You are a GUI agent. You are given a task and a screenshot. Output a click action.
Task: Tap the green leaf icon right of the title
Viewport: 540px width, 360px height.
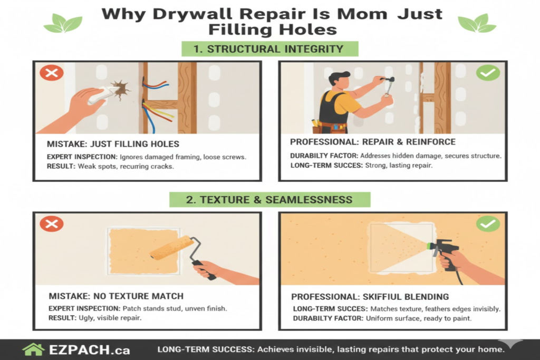click(477, 23)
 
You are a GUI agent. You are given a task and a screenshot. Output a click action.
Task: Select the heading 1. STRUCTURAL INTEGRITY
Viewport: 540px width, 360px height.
click(271, 49)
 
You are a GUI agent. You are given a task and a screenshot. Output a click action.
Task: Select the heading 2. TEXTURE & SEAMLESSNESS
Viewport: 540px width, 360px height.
click(269, 199)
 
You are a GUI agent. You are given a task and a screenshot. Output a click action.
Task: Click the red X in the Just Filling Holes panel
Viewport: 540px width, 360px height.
click(51, 73)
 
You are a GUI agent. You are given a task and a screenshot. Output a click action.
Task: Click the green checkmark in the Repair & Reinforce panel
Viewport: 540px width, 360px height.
click(488, 73)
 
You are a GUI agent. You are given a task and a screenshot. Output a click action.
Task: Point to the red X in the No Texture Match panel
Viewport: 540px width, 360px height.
click(51, 224)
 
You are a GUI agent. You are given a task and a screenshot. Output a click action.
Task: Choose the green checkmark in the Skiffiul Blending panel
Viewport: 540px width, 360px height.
click(488, 224)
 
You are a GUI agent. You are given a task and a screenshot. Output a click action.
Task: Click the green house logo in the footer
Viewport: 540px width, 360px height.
click(33, 350)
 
